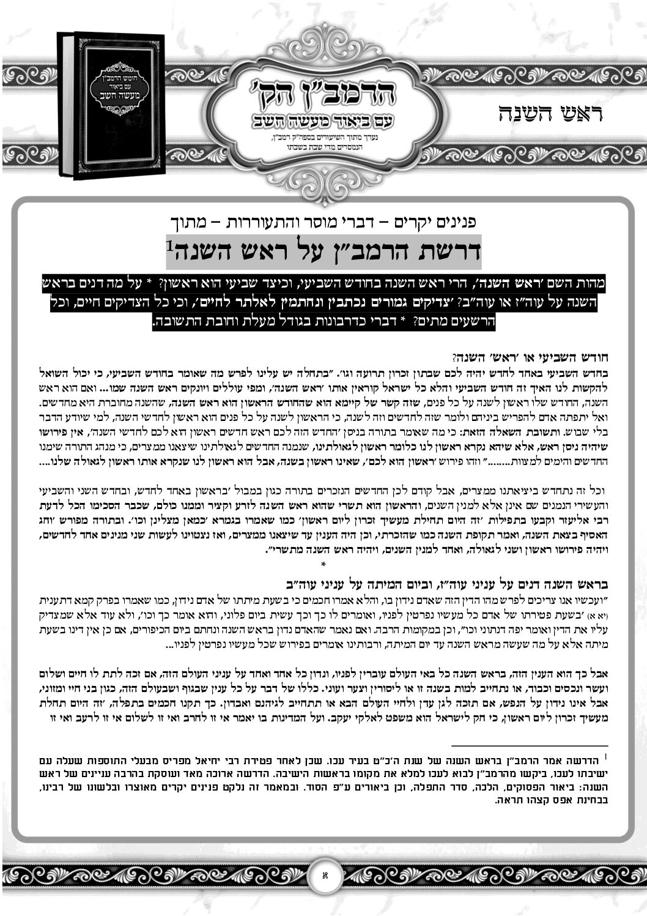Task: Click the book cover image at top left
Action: [112, 104]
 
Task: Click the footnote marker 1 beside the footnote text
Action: [605, 758]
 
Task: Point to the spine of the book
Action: [65, 105]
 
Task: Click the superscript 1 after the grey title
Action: [170, 245]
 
